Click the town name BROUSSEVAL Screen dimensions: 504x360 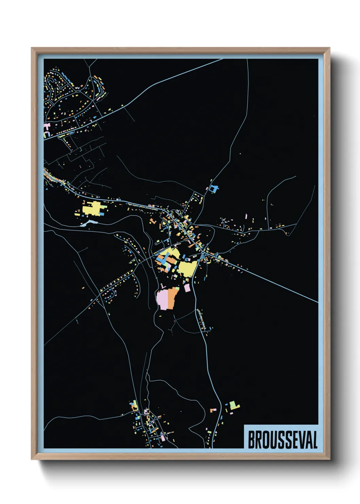click(282, 440)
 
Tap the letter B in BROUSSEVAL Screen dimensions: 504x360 click(252, 440)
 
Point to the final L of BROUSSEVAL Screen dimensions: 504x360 click(315, 440)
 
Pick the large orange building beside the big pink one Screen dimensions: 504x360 click(173, 297)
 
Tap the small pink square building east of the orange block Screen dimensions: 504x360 click(187, 288)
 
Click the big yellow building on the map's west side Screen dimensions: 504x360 click(93, 208)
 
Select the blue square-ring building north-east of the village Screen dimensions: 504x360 click(214, 189)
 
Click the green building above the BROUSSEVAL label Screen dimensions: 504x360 click(233, 405)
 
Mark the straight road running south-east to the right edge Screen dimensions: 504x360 click(279, 284)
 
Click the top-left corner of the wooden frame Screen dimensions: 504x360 click(32, 48)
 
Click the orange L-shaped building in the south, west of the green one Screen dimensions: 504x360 click(214, 409)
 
